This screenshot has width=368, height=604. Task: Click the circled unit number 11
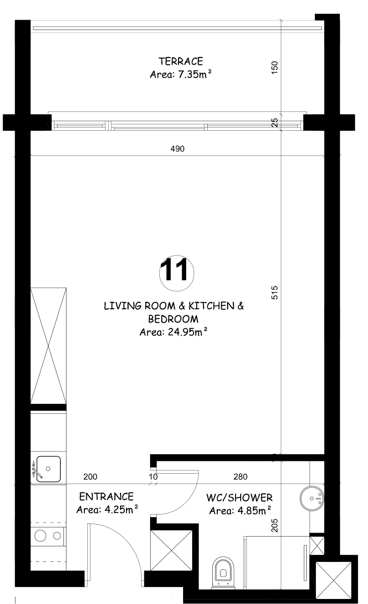point(176,273)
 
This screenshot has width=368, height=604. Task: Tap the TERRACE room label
point(181,61)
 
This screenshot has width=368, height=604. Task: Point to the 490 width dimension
point(178,149)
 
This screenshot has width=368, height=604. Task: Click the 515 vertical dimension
point(274,293)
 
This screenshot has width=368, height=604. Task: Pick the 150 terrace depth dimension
point(274,68)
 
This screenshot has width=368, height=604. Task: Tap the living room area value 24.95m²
point(188,332)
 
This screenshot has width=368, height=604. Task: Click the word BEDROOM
point(173,319)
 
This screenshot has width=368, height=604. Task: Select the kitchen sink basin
point(48,469)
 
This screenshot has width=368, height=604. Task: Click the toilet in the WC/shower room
point(223,573)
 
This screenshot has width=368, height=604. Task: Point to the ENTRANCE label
point(106,497)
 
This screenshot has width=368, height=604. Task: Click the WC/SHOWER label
point(239,497)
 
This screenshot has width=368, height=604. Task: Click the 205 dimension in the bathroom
point(274,525)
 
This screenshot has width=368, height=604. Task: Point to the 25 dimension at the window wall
point(274,123)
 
